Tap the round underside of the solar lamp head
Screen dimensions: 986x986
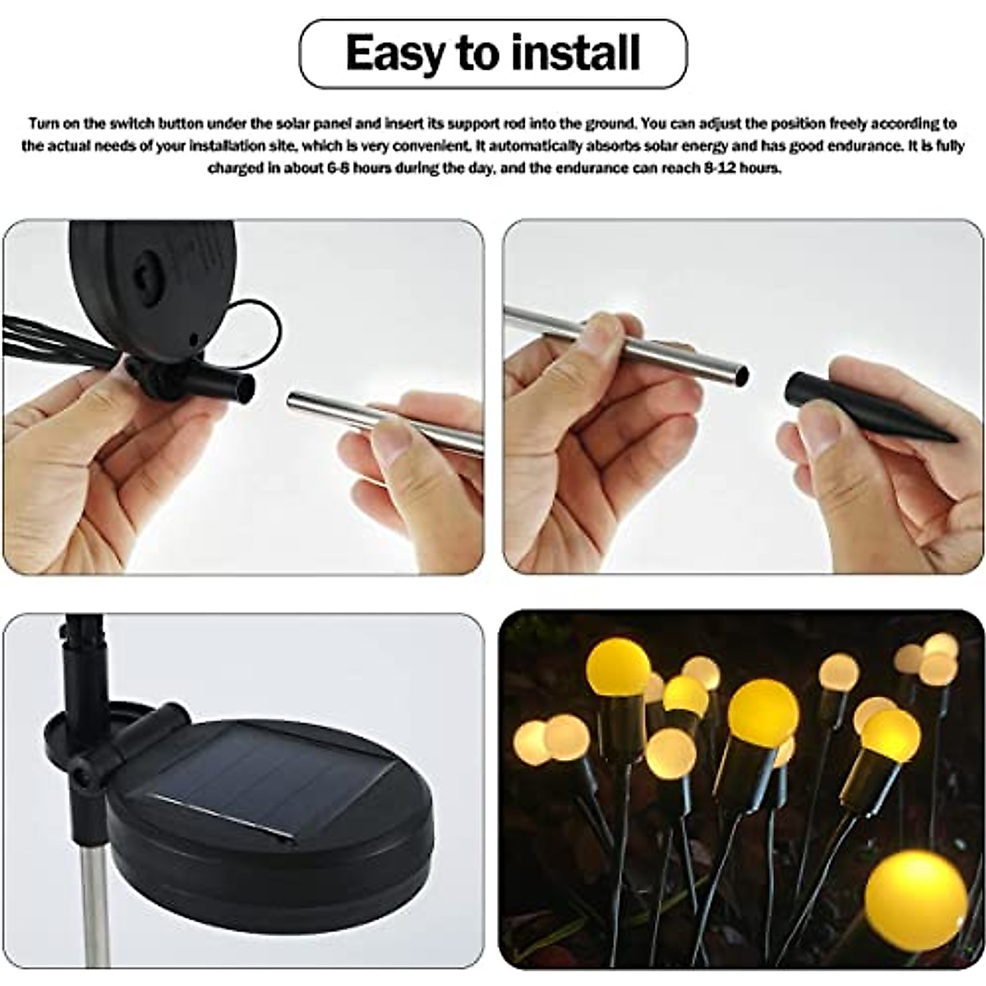click(152, 271)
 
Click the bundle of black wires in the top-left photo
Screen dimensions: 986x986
click(58, 340)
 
